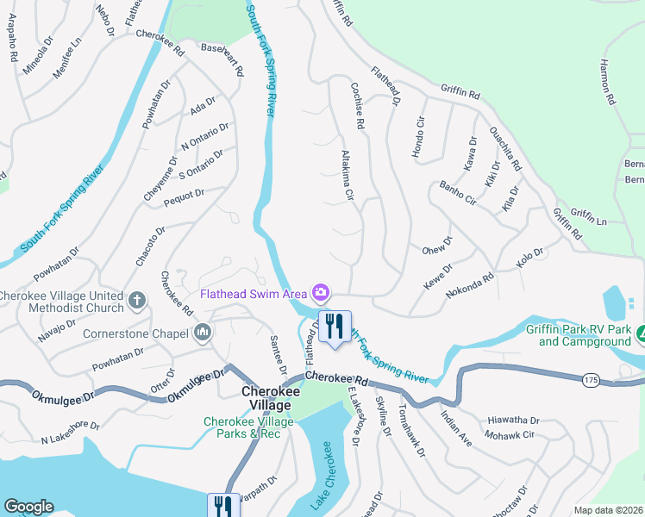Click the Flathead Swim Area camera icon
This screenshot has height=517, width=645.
pyautogui.click(x=321, y=293)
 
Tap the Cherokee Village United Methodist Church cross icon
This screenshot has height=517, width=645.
pyautogui.click(x=136, y=301)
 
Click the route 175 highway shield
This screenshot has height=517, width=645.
pyautogui.click(x=590, y=380)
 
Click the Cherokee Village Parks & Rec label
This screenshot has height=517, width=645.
pyautogui.click(x=249, y=427)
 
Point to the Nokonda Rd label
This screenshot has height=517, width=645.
pyautogui.click(x=470, y=286)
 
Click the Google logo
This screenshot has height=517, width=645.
pyautogui.click(x=28, y=507)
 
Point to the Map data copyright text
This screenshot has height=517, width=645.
pyautogui.click(x=608, y=510)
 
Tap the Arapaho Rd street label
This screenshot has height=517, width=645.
pyautogui.click(x=13, y=49)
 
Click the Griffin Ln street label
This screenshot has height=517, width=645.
pyautogui.click(x=588, y=217)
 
